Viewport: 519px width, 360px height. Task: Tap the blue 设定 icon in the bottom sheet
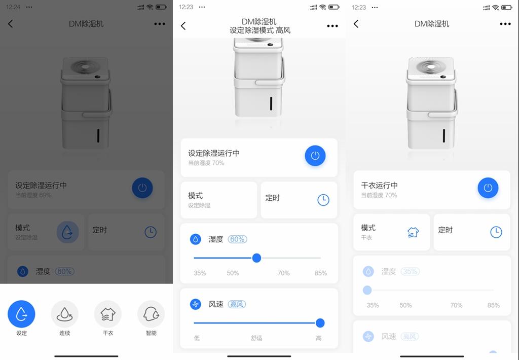(x=21, y=314)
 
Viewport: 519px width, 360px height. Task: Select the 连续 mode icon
(x=65, y=314)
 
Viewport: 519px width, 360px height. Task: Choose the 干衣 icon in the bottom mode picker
(x=108, y=314)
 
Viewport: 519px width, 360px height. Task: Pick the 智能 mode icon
(x=151, y=314)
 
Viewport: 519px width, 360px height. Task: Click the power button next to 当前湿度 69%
(x=142, y=188)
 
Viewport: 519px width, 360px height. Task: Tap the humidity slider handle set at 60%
(x=256, y=258)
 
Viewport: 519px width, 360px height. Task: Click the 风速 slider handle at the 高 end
(x=320, y=323)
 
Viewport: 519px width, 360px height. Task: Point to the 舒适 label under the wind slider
(x=256, y=338)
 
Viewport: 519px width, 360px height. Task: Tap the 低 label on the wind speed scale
(x=197, y=338)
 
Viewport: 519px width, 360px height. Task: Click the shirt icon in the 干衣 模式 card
(x=413, y=232)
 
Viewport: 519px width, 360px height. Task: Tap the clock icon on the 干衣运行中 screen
(x=496, y=232)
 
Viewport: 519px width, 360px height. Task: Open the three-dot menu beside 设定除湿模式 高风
(x=332, y=26)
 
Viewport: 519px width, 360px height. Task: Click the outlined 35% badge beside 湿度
(x=410, y=271)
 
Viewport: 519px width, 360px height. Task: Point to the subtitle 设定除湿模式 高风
(x=260, y=30)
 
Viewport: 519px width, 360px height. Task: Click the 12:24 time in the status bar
(x=14, y=7)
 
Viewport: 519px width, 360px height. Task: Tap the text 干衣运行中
(x=379, y=186)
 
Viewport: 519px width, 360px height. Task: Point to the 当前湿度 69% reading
(x=33, y=195)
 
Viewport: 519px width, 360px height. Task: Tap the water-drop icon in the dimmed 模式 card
(x=67, y=232)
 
